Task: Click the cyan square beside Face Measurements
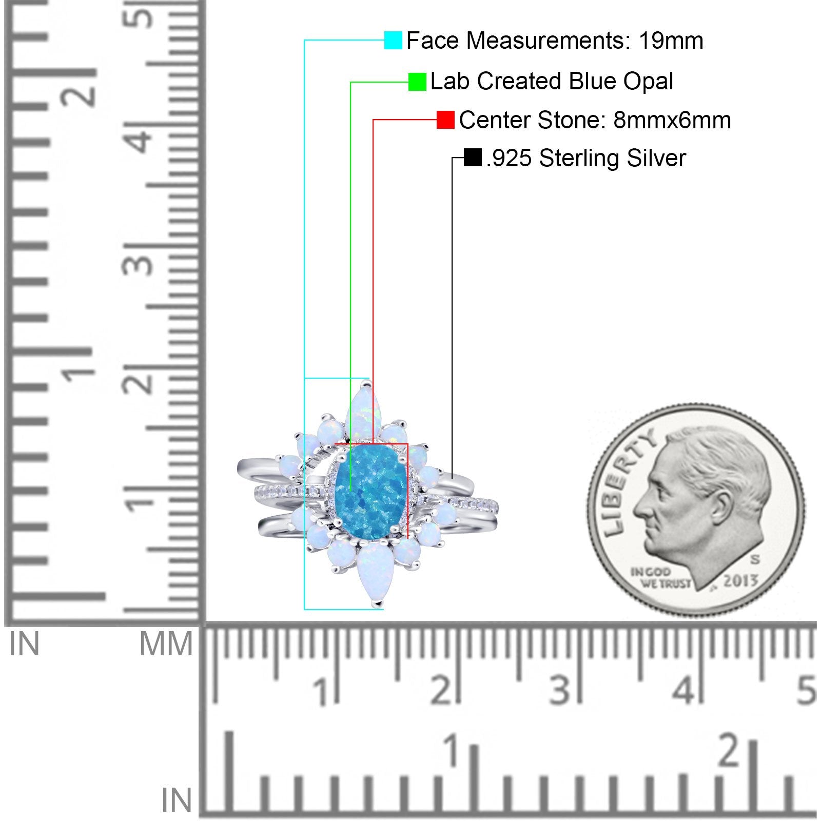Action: click(393, 40)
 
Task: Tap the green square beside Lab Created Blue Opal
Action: click(417, 82)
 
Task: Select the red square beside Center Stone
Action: click(445, 120)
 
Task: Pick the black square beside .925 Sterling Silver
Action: click(472, 158)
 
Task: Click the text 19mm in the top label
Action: click(671, 41)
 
